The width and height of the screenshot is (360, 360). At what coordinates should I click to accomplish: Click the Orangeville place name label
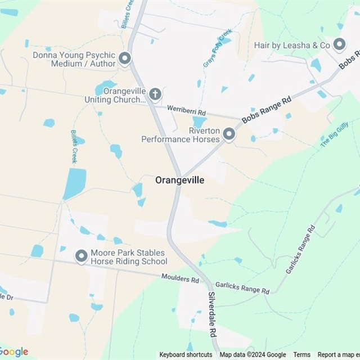tap(179, 181)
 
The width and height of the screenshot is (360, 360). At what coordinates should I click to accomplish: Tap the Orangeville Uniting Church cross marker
tap(155, 93)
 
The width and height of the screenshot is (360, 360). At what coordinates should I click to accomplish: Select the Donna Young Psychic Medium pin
tap(125, 58)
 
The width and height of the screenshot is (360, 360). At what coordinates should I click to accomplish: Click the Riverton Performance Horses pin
tap(228, 134)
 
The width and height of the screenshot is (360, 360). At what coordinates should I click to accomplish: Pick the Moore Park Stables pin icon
tap(82, 256)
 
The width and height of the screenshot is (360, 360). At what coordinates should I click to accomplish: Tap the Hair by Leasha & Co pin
tap(339, 44)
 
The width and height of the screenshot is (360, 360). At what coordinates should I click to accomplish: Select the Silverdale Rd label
tap(213, 321)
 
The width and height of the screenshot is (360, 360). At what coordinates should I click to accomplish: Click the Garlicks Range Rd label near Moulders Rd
tap(242, 289)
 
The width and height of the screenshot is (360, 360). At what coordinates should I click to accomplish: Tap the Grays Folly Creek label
tap(217, 49)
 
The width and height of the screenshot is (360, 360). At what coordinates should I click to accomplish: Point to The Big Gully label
tap(334, 134)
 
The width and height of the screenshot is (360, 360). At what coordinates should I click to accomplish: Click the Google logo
tap(15, 352)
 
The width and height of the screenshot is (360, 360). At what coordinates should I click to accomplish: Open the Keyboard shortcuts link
tap(186, 355)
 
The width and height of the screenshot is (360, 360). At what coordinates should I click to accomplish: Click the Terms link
tap(301, 355)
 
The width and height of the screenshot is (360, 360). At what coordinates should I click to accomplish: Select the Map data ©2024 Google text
tap(253, 355)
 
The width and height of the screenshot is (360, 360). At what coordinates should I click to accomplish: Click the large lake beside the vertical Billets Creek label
tap(74, 184)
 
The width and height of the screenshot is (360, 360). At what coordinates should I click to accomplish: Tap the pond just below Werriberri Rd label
tap(199, 122)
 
